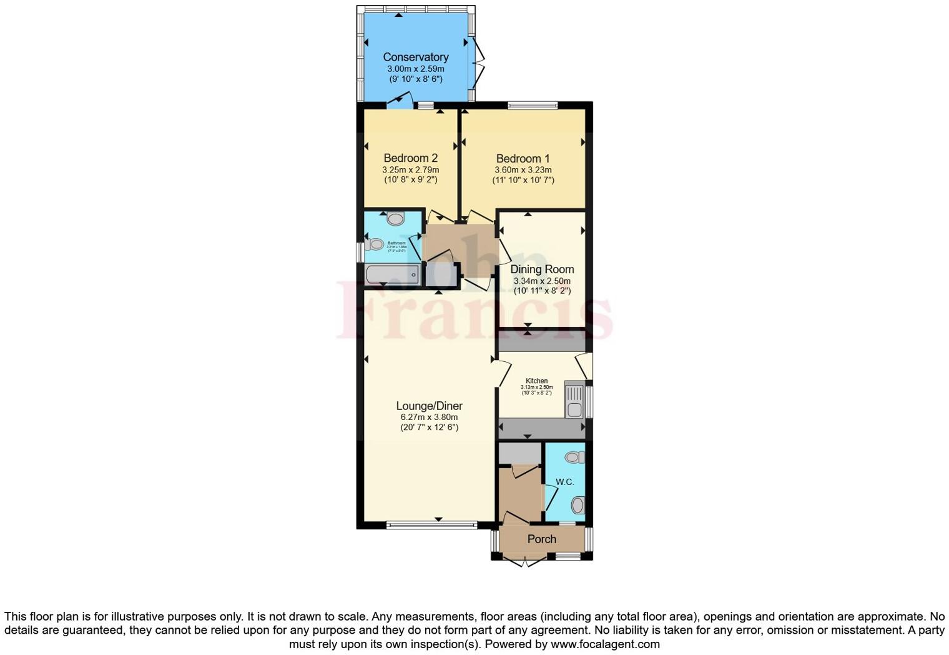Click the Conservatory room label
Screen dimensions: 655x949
[x=415, y=57]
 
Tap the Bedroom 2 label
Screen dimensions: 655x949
[x=410, y=158]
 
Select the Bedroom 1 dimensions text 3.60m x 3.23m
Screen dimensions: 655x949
[x=523, y=170]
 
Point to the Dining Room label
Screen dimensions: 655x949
[x=542, y=269]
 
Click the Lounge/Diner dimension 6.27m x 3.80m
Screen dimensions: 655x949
[x=429, y=417]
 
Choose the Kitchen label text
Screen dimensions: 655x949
[x=536, y=381]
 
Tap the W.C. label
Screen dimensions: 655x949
[x=564, y=482]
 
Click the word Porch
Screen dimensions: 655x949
[x=541, y=539]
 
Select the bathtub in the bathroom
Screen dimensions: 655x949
[x=392, y=274]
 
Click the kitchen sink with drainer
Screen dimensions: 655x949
[x=574, y=400]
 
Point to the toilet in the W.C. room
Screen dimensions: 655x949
[x=578, y=504]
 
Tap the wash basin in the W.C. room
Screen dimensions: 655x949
[x=574, y=457]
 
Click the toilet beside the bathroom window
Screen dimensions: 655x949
[x=376, y=244]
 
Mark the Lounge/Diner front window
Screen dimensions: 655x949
[x=431, y=526]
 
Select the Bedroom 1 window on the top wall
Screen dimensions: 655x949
[x=532, y=106]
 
